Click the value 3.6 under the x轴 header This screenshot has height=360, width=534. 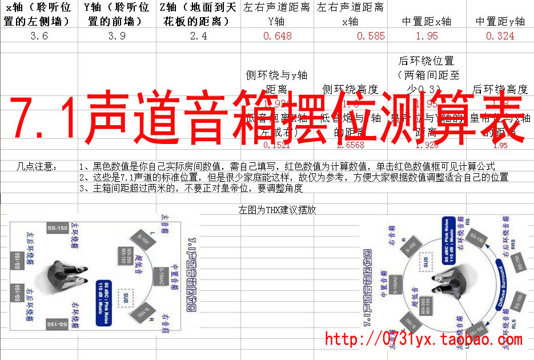click(38, 36)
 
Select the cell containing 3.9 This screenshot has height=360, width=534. click(117, 36)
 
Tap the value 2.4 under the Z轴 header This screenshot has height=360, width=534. click(198, 36)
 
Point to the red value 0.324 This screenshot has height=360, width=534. click(500, 36)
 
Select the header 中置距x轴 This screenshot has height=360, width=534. click(426, 22)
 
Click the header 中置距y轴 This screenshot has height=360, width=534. click(500, 22)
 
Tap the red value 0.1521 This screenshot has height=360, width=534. click(279, 145)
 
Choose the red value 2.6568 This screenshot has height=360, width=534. click(351, 145)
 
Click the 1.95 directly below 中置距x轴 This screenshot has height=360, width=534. click(427, 36)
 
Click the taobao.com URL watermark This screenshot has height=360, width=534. click(423, 339)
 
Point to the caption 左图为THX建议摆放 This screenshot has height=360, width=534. click(277, 210)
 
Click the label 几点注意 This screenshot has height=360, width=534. click(38, 166)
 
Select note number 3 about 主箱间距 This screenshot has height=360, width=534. click(191, 188)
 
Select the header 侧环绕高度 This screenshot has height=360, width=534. click(350, 89)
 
